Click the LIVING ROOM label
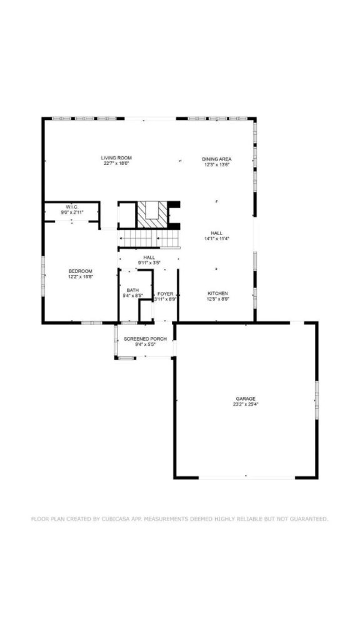[x=117, y=157]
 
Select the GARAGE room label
[x=246, y=398]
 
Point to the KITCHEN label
[x=217, y=293]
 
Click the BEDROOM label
[x=81, y=271]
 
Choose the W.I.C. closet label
[x=72, y=207]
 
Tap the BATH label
[x=132, y=290]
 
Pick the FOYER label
[x=165, y=293]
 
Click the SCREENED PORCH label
[x=145, y=339]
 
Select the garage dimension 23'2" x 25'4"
[x=246, y=404]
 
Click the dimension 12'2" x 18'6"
[x=81, y=276]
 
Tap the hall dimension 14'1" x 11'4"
[x=217, y=238]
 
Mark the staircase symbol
[x=148, y=238]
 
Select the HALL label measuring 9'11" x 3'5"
[x=149, y=257]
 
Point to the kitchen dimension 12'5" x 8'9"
[x=217, y=299]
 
